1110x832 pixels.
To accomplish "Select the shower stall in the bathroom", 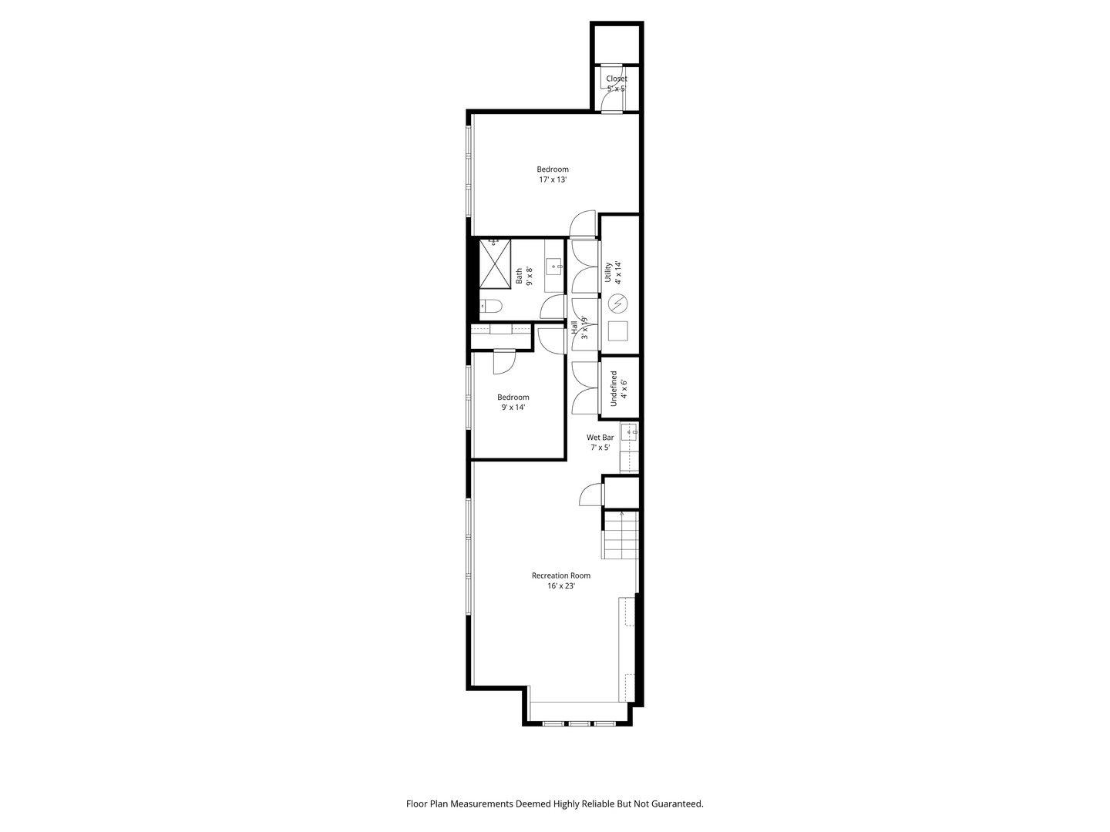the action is coord(495,263).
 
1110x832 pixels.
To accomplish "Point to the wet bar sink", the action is coord(630,432).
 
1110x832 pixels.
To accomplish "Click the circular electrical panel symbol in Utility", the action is coord(617,304).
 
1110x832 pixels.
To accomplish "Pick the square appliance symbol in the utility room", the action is coord(617,331).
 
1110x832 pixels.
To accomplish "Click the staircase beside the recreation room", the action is coord(621,535).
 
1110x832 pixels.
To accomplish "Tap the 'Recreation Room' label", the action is coord(561,575).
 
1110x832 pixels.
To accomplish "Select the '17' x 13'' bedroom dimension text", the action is coord(553,179).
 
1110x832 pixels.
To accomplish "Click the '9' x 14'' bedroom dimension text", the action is coord(513,408).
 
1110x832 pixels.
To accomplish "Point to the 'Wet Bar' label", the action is coord(600,438).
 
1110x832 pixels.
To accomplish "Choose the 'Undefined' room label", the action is coord(614,388).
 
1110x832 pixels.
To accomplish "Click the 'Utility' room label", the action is coord(608,272).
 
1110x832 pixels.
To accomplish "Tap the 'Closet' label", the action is coord(617,79).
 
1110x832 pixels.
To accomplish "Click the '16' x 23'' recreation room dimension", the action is coord(561,586).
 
